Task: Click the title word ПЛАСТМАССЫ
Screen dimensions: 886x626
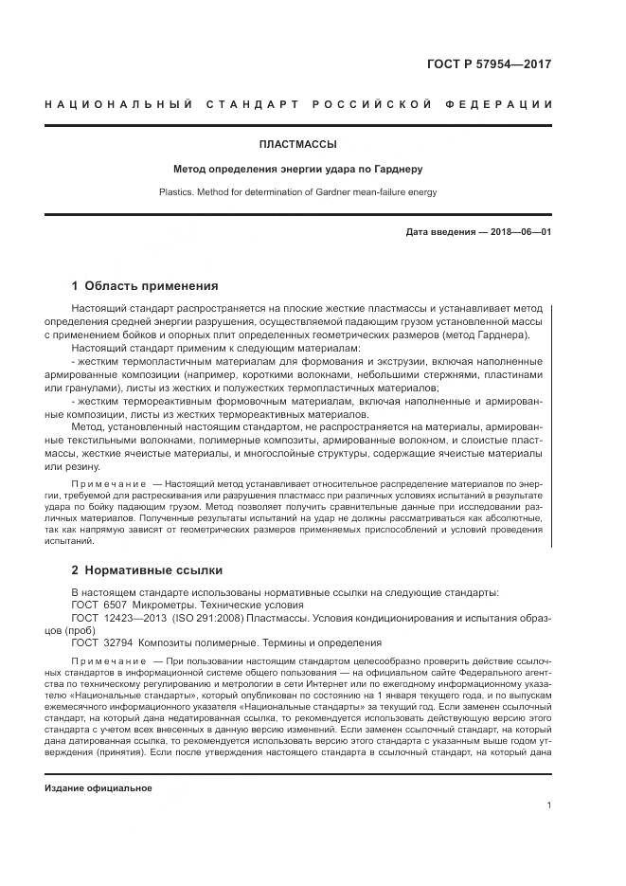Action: coord(297,145)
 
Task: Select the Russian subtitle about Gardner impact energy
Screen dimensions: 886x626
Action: coord(297,170)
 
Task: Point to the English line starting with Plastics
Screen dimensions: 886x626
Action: coord(297,191)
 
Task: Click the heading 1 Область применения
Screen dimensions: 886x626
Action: coord(145,285)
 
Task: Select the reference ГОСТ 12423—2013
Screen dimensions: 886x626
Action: coord(116,617)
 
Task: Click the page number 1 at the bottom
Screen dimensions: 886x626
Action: coord(549,806)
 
